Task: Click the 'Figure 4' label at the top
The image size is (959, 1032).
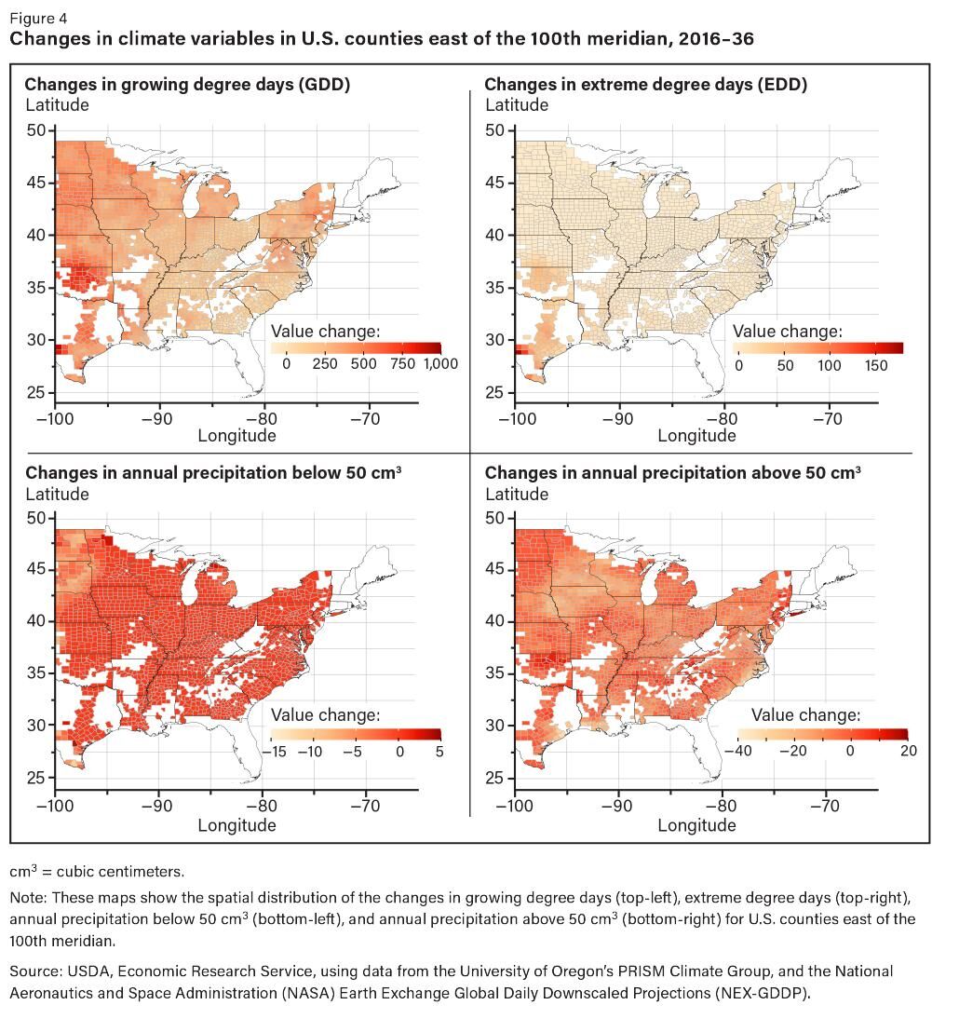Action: [38, 18]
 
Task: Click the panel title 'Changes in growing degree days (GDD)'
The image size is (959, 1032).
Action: [187, 85]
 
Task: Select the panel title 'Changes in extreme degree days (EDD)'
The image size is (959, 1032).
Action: [645, 85]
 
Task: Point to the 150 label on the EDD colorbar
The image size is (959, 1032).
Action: [876, 366]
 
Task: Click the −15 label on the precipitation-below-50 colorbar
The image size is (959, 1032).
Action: [277, 752]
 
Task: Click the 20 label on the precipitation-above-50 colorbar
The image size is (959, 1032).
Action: [908, 752]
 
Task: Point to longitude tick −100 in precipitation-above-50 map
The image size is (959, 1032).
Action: [517, 807]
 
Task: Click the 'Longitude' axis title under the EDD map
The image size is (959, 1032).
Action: [696, 436]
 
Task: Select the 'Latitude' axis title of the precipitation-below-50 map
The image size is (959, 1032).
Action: [57, 494]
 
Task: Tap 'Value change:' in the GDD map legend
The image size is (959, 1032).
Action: [326, 332]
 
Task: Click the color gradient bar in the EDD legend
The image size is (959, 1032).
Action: [817, 348]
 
